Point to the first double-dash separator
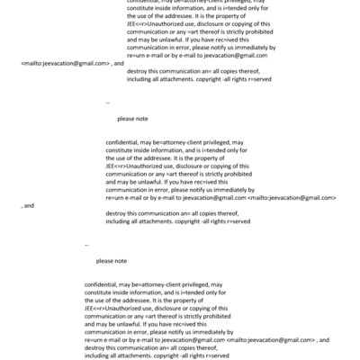click(x=107, y=103)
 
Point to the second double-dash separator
click(x=86, y=245)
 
